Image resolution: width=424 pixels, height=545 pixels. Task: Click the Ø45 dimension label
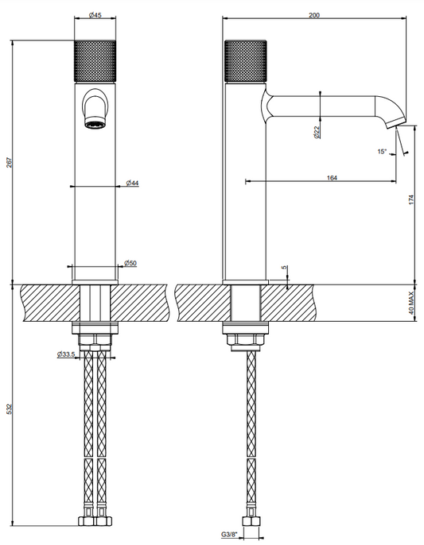click(95, 15)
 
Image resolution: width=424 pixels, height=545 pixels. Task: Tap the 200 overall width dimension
click(314, 15)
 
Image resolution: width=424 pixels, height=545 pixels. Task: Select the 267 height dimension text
click(9, 163)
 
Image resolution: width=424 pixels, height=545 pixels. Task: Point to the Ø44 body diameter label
click(132, 183)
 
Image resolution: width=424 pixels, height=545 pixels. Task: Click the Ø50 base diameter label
click(130, 263)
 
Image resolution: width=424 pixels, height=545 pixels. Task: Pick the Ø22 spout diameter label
click(317, 132)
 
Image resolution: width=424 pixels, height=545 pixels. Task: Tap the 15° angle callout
click(382, 152)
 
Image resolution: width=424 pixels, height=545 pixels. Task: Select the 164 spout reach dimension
click(332, 178)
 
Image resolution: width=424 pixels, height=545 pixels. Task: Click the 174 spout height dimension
click(411, 199)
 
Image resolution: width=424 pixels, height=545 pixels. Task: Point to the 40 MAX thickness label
click(411, 303)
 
